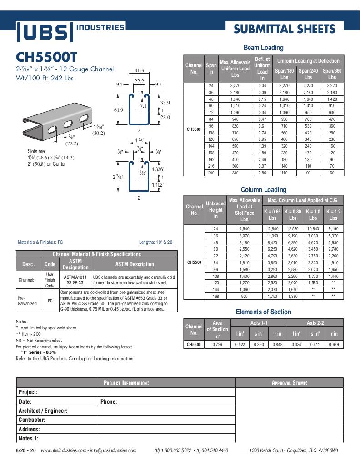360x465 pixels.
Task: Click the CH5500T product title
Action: tap(47, 57)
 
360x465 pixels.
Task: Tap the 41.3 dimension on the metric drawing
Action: tap(140, 70)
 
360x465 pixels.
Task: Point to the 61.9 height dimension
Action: tap(119, 110)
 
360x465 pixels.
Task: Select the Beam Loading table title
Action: tap(263, 47)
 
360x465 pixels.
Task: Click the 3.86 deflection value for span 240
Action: tap(262, 173)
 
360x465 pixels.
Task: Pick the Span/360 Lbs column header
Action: tap(332, 74)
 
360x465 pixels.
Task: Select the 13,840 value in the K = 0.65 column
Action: tap(272, 228)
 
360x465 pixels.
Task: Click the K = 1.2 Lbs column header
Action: tap(333, 215)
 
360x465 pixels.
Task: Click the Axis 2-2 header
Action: tap(315, 323)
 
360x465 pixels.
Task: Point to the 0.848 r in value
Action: tap(277, 345)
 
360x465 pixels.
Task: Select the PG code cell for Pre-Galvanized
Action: tap(50, 301)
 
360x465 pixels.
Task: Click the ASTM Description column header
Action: tap(134, 264)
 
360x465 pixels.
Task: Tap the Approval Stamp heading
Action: tap(290, 383)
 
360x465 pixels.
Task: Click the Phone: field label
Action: tap(109, 401)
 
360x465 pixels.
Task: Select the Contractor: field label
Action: tap(31, 420)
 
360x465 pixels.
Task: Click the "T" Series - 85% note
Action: tap(39, 352)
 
